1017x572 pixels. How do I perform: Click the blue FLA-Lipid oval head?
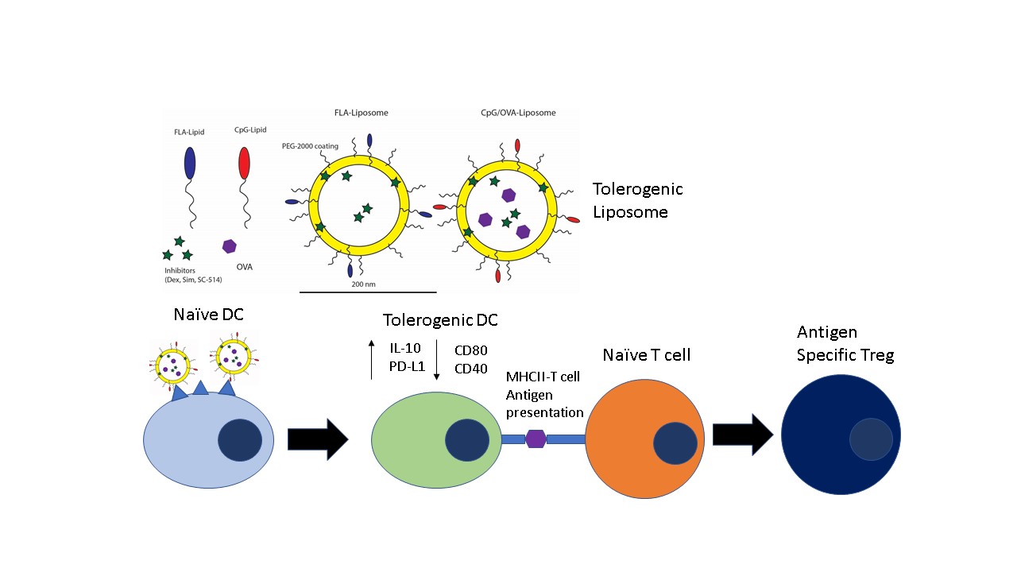tap(189, 162)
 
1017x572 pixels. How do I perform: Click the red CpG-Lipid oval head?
tap(245, 162)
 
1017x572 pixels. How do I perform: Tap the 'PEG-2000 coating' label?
tap(308, 146)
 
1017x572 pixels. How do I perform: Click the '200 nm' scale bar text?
tap(362, 284)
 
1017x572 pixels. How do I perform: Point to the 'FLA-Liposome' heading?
tap(362, 113)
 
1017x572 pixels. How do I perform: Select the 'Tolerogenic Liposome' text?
tap(637, 200)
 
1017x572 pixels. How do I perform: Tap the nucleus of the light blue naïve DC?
tap(240, 439)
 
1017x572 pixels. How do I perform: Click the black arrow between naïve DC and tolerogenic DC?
tap(317, 439)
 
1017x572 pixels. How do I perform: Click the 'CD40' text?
tap(470, 368)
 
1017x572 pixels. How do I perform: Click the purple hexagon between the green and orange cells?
tap(536, 439)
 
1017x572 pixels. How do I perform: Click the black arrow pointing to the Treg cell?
tap(742, 435)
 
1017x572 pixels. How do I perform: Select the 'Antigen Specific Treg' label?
tap(845, 343)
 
